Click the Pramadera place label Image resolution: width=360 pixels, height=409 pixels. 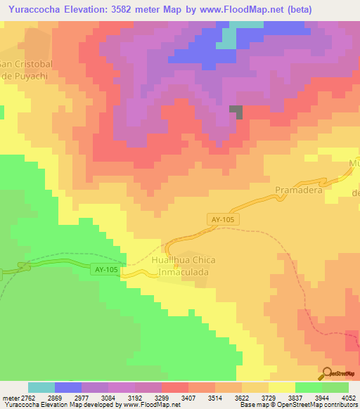[298, 190]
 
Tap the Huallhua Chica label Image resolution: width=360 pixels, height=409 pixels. [183, 260]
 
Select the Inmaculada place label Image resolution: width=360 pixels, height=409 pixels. [182, 271]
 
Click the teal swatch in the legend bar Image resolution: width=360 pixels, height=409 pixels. [41, 387]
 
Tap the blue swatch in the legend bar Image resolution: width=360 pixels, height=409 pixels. [68, 387]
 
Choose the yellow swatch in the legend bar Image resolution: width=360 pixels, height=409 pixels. [282, 387]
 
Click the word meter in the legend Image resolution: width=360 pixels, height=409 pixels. [11, 397]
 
